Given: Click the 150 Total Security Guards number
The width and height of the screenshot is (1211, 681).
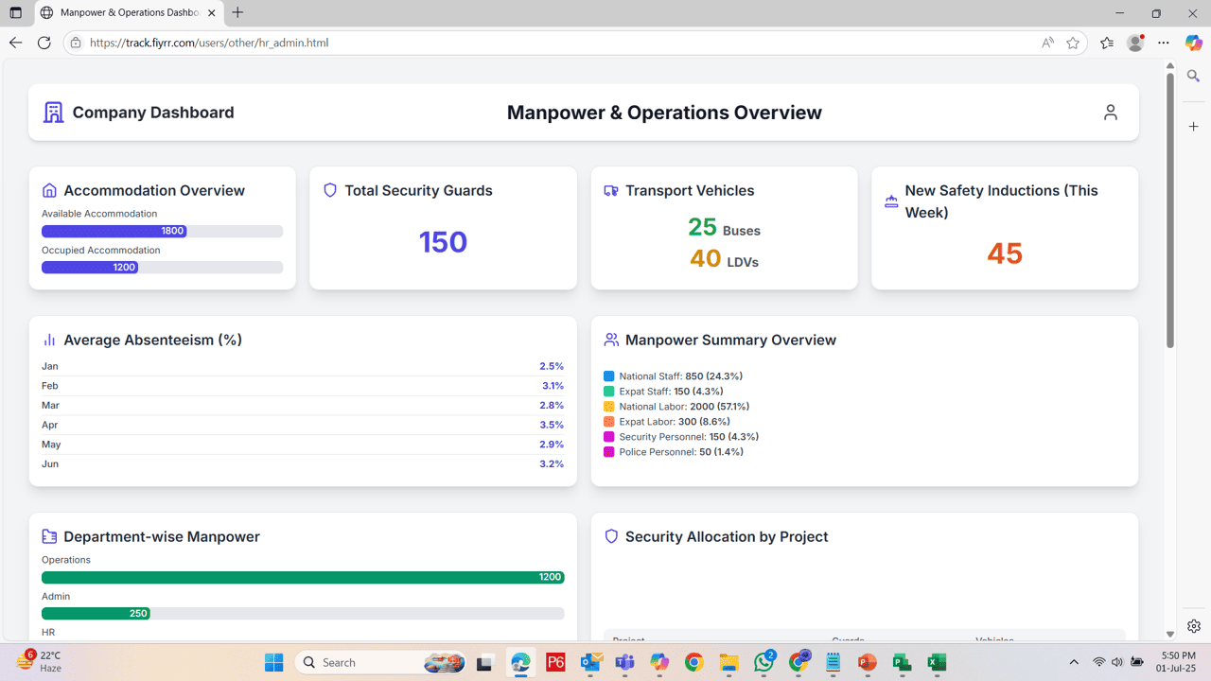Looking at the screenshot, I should [443, 242].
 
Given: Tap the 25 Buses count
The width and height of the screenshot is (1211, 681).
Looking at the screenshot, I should [702, 227].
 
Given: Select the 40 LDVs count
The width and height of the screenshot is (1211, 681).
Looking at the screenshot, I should [705, 258].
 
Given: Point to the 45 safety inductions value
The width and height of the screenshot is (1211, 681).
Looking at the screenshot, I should [1005, 253].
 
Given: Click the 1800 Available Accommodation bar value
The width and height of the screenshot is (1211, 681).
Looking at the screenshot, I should [172, 231].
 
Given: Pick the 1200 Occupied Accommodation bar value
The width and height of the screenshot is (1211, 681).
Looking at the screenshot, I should [124, 268].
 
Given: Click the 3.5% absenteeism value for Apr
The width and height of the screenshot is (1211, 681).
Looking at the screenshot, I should [552, 425].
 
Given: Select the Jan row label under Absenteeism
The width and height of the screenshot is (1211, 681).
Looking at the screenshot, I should [50, 366].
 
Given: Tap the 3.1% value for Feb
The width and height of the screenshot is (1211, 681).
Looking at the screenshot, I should [553, 386].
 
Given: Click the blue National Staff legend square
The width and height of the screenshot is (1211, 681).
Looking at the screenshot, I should [608, 376].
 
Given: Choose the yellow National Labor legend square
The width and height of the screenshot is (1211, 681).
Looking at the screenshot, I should [608, 407].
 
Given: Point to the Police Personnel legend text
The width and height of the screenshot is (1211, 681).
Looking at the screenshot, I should [680, 452].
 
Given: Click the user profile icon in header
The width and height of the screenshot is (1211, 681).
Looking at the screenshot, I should [1111, 113].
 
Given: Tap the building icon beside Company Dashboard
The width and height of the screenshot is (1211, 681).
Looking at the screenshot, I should [54, 113].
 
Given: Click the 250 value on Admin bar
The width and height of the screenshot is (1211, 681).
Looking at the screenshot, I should [138, 614].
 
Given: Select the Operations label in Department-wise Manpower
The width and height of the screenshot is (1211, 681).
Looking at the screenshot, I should [66, 560].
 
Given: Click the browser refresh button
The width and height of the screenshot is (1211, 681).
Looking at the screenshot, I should [44, 43].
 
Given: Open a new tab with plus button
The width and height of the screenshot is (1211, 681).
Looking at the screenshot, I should [237, 13].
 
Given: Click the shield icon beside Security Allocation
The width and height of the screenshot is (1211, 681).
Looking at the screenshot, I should [611, 536].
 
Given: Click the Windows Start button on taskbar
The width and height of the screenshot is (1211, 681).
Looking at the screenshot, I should [273, 662].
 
